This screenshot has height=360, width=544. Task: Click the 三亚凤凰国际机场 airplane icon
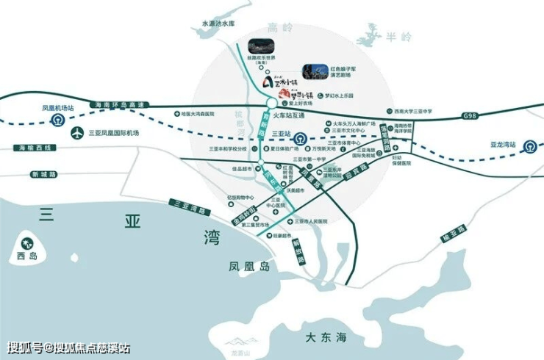tap(77, 134)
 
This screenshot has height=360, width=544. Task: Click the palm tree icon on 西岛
tap(28, 243)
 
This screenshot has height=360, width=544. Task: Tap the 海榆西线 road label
tap(32, 148)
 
